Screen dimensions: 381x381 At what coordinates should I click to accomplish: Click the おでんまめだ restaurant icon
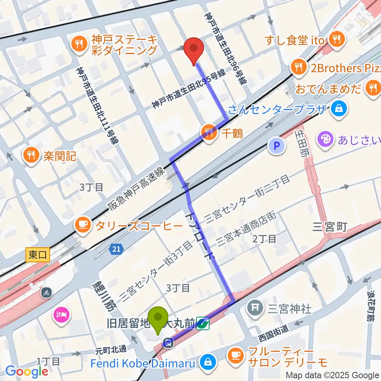click(373, 87)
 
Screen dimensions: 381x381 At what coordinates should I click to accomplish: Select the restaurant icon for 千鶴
click(209, 132)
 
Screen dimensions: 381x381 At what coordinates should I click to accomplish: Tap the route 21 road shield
click(115, 249)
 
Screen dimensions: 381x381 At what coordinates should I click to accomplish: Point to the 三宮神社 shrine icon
click(254, 307)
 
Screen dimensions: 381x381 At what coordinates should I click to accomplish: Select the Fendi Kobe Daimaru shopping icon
click(207, 362)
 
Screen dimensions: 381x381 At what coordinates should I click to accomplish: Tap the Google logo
click(27, 371)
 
